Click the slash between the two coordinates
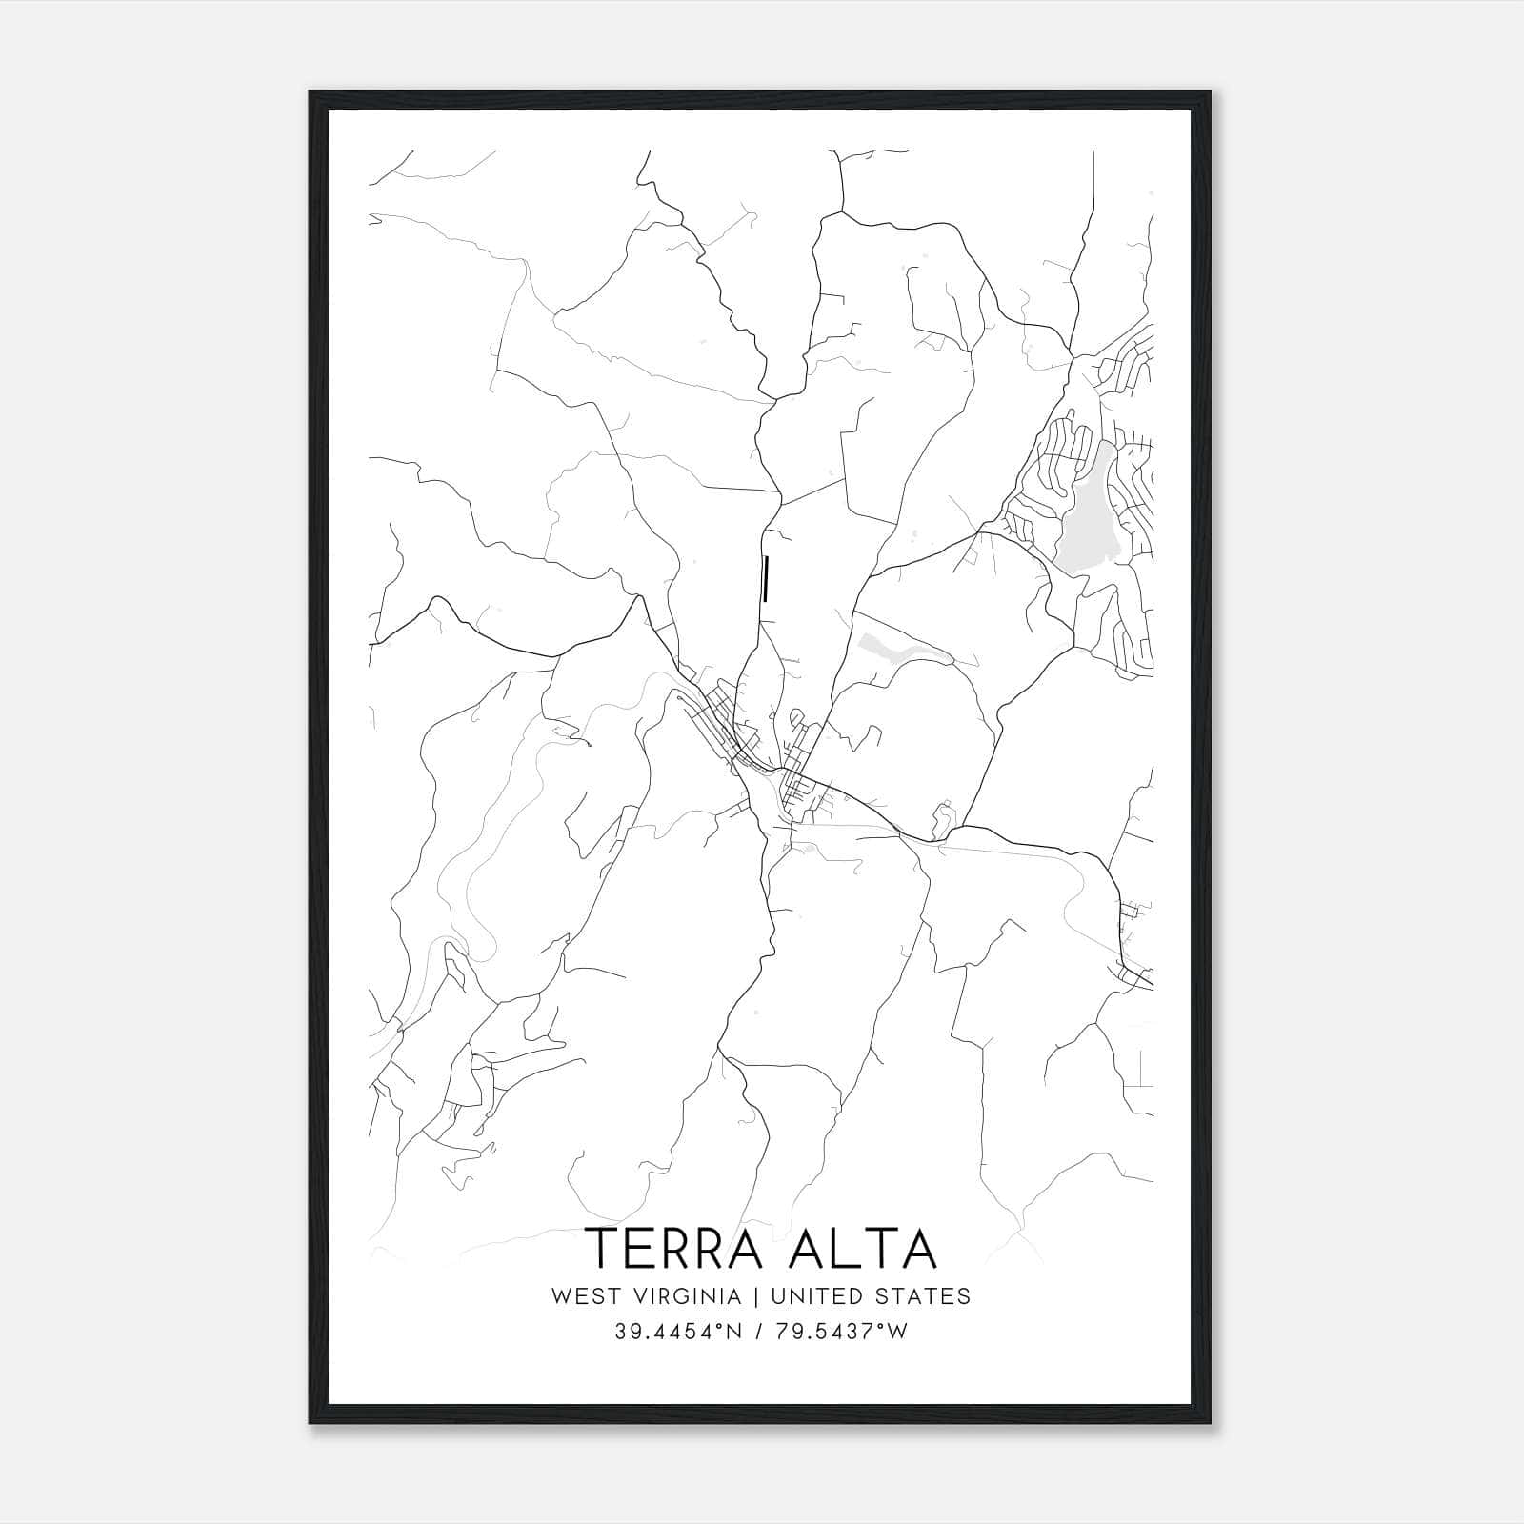point(757,1332)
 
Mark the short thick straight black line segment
point(765,580)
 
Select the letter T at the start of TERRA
point(600,1249)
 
